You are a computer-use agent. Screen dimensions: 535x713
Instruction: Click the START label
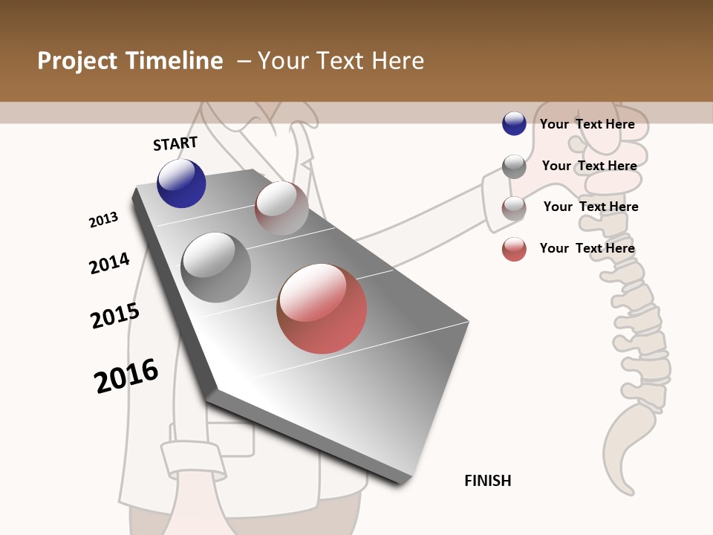(175, 143)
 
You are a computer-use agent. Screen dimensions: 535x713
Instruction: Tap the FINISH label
(488, 481)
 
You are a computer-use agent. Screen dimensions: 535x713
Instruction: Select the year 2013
(104, 220)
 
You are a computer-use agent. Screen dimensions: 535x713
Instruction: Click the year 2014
(110, 263)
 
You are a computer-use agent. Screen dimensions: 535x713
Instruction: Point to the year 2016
(126, 376)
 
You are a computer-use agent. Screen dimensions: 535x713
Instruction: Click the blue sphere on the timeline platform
(181, 184)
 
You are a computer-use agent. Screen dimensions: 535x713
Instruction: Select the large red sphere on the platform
(322, 308)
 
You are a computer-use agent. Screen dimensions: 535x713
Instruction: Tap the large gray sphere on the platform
(216, 267)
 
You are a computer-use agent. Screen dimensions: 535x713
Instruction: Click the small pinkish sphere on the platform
(281, 208)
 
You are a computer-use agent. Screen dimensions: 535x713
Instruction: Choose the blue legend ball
(514, 123)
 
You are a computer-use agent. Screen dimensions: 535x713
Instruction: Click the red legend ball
(514, 249)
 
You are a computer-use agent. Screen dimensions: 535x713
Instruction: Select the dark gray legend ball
(514, 166)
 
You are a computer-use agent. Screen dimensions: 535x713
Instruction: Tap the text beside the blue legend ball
(587, 124)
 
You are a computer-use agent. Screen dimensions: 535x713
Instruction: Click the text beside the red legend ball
(587, 248)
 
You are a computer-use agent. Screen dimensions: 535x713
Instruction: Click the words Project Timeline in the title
(130, 61)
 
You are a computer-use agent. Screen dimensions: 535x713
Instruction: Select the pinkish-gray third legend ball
(514, 208)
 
